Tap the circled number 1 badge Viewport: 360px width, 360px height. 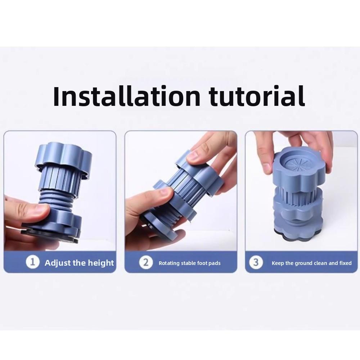33,262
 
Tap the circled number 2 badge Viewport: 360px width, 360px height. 146,262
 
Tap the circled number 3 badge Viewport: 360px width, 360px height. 256,262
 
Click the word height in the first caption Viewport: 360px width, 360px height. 100,263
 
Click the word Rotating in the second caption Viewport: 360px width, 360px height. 169,263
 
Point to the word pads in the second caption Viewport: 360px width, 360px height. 215,263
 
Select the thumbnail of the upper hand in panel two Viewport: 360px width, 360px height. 194,156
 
